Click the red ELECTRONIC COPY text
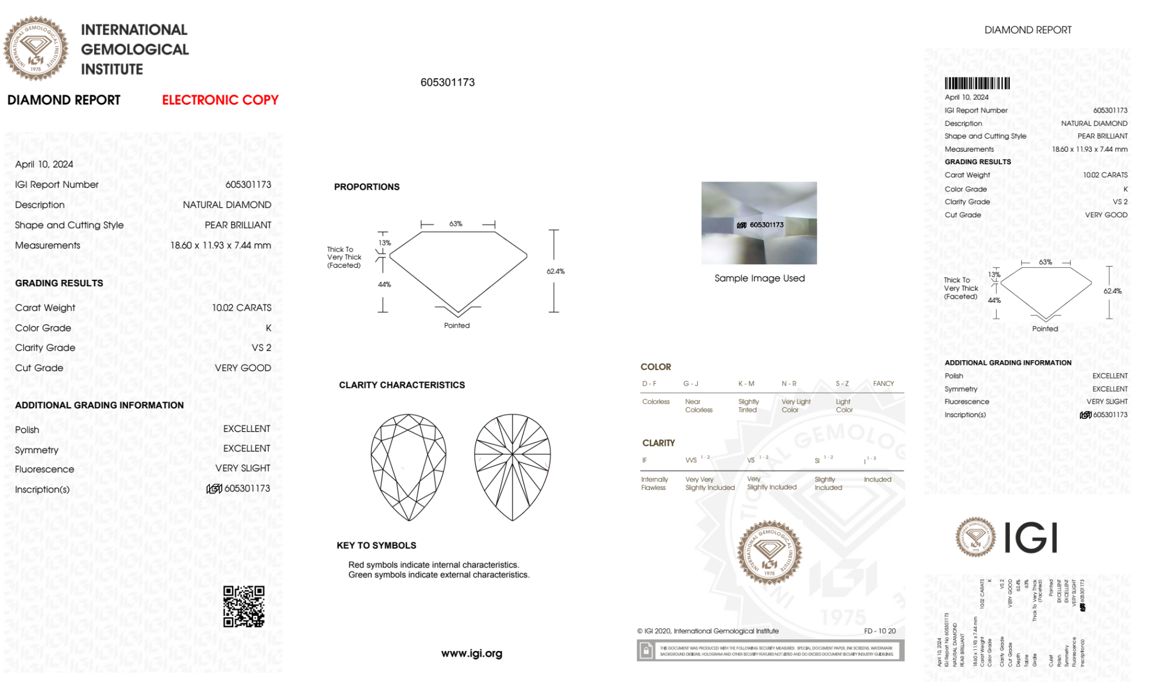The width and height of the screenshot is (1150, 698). click(220, 100)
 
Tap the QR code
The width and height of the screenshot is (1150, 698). click(244, 607)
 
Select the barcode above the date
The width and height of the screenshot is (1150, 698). click(977, 83)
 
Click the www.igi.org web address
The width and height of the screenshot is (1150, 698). click(471, 653)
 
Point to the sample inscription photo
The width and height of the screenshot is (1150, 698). click(759, 223)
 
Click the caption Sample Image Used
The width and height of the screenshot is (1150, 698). click(759, 278)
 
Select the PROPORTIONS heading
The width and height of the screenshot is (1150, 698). click(367, 187)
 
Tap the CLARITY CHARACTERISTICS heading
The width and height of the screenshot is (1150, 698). click(402, 385)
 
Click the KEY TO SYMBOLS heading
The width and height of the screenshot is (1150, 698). click(376, 545)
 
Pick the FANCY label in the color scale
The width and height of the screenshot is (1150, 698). click(883, 383)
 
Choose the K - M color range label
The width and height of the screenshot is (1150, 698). click(746, 383)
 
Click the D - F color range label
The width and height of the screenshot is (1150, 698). click(649, 383)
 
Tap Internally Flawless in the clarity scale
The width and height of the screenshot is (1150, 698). click(654, 483)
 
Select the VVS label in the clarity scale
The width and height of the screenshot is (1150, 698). click(691, 460)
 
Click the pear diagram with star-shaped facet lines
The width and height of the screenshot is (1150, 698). click(512, 468)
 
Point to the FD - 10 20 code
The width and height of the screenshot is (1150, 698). click(879, 631)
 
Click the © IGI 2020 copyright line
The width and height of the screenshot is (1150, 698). click(707, 631)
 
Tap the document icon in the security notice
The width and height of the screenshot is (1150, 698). click(646, 651)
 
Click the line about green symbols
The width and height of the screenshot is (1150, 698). click(439, 574)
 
